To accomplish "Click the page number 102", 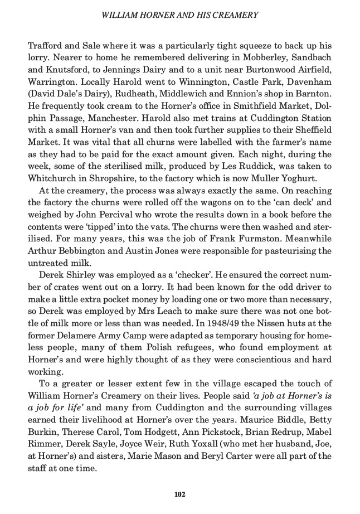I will tap(179, 494).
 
